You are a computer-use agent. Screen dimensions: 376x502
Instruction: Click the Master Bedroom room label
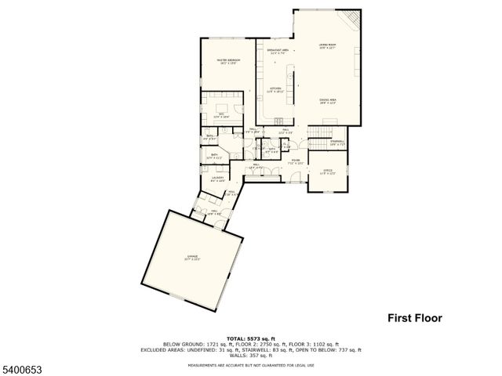pyautogui.click(x=228, y=61)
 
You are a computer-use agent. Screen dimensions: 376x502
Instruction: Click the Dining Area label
pyautogui.click(x=327, y=100)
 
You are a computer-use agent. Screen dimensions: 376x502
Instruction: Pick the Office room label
pyautogui.click(x=328, y=172)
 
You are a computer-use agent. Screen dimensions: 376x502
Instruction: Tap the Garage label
pyautogui.click(x=192, y=257)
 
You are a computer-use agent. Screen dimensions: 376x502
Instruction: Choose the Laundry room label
pyautogui.click(x=217, y=179)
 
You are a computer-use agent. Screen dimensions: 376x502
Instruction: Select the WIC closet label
pyautogui.click(x=222, y=114)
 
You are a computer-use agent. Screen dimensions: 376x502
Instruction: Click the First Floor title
pyautogui.click(x=415, y=318)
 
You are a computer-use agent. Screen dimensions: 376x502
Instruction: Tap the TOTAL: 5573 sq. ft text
pyautogui.click(x=250, y=338)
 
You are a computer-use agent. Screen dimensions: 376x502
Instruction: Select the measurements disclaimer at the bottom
pyautogui.click(x=250, y=365)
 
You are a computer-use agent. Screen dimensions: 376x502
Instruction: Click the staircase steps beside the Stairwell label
pyautogui.click(x=318, y=144)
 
